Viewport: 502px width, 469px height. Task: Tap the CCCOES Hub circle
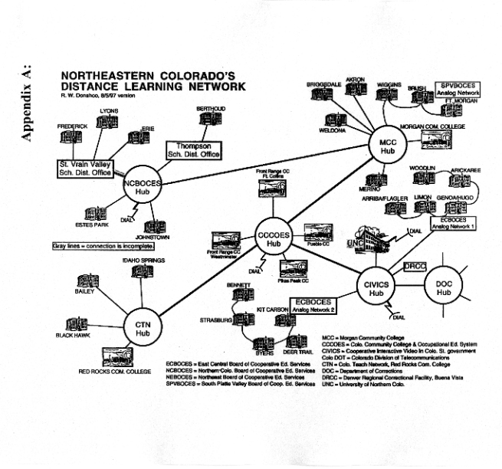pos(273,238)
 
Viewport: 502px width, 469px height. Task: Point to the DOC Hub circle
pos(444,287)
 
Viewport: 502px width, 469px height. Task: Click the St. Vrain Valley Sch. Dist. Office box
pos(85,169)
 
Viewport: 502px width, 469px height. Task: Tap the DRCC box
pos(414,266)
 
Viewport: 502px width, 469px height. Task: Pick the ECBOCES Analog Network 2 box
pos(313,305)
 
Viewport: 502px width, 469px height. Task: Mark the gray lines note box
pos(103,246)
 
